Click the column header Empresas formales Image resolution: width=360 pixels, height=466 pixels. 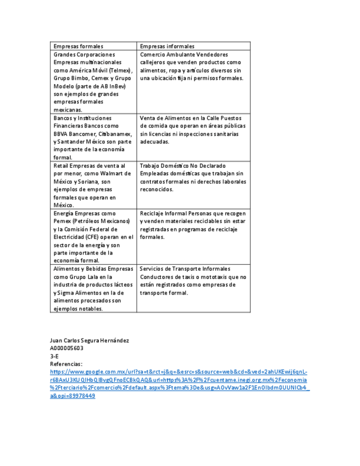tap(78, 46)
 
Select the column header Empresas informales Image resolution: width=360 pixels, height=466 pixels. tap(167, 46)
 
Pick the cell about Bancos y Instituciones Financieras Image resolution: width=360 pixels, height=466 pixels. tap(92, 137)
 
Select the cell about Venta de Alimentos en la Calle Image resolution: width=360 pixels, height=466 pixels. tap(192, 130)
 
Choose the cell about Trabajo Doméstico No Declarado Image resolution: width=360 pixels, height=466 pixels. tap(192, 177)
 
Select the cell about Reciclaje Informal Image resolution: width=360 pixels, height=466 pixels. tap(192, 225)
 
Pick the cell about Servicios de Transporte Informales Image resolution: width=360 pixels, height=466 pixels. tap(192, 281)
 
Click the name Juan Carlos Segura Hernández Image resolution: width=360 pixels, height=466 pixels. tap(90, 341)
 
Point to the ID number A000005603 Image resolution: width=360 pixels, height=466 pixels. tap(67, 348)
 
